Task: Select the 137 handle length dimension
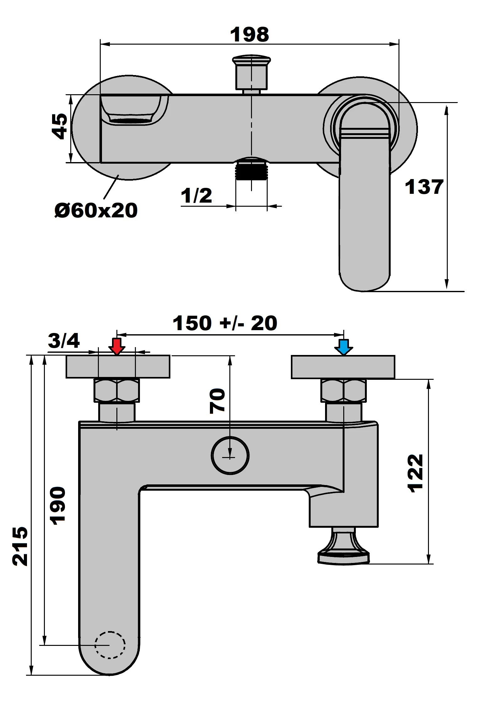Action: tap(424, 187)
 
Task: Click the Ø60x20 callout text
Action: tap(96, 210)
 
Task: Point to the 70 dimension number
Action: tap(217, 401)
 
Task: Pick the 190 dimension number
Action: tap(58, 505)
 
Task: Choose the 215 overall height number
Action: tap(20, 546)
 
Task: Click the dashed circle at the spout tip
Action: tap(110, 644)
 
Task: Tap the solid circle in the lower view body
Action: tap(230, 455)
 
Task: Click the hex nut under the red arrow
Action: tap(117, 390)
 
